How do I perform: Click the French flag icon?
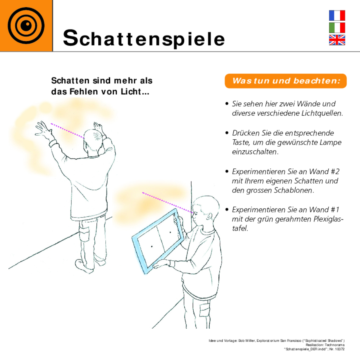pos(337,15)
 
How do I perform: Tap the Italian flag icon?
pos(337,28)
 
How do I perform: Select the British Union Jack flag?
pos(337,40)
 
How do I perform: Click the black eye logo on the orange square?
pos(26,26)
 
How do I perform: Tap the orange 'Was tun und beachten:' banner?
pos(286,81)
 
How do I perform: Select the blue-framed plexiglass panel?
pos(158,241)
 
